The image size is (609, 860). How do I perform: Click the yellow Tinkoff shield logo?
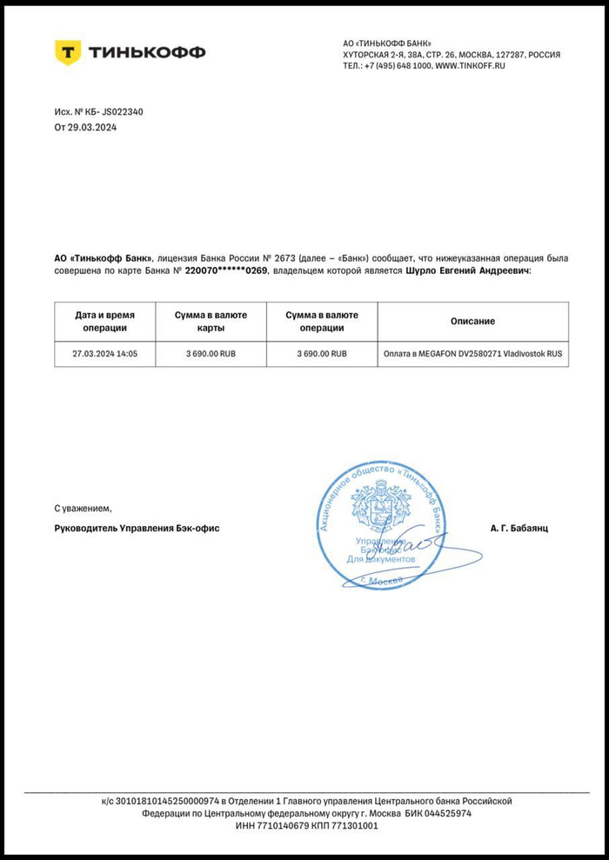pyautogui.click(x=68, y=52)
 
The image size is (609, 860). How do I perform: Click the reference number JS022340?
pyautogui.click(x=123, y=111)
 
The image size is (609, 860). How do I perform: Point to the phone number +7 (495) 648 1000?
pyautogui.click(x=397, y=66)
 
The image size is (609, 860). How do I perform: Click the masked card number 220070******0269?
pyautogui.click(x=227, y=271)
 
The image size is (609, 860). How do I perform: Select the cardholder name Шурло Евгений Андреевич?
pyautogui.click(x=467, y=271)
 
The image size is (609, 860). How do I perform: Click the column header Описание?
pyautogui.click(x=472, y=321)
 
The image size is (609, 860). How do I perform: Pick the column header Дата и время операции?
pyautogui.click(x=104, y=321)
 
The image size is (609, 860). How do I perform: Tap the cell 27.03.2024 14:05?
pyautogui.click(x=104, y=354)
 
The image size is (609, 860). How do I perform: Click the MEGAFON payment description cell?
pyautogui.click(x=472, y=354)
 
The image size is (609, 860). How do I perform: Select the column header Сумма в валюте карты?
pyautogui.click(x=211, y=321)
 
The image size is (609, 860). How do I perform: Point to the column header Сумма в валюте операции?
pyautogui.click(x=322, y=321)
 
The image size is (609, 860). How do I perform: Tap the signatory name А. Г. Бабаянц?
pyautogui.click(x=519, y=528)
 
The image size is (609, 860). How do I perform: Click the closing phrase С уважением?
pyautogui.click(x=84, y=507)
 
